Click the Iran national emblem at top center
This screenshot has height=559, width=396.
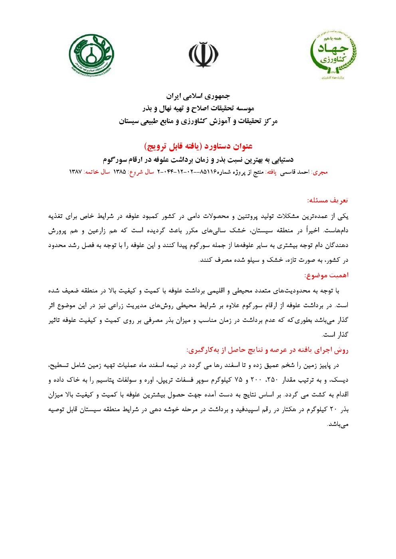(204, 55)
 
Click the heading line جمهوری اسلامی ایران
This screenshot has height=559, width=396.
(198, 96)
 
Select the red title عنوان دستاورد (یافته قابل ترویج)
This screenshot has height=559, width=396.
(198, 146)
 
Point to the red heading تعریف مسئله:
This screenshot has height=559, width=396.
(327, 200)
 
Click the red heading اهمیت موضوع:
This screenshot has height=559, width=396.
(326, 275)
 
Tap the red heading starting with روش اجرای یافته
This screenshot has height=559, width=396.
(267, 350)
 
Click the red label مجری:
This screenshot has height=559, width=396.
(320, 172)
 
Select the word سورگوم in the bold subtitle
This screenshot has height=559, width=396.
(114, 160)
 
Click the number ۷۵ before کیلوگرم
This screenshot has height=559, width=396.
(239, 380)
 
